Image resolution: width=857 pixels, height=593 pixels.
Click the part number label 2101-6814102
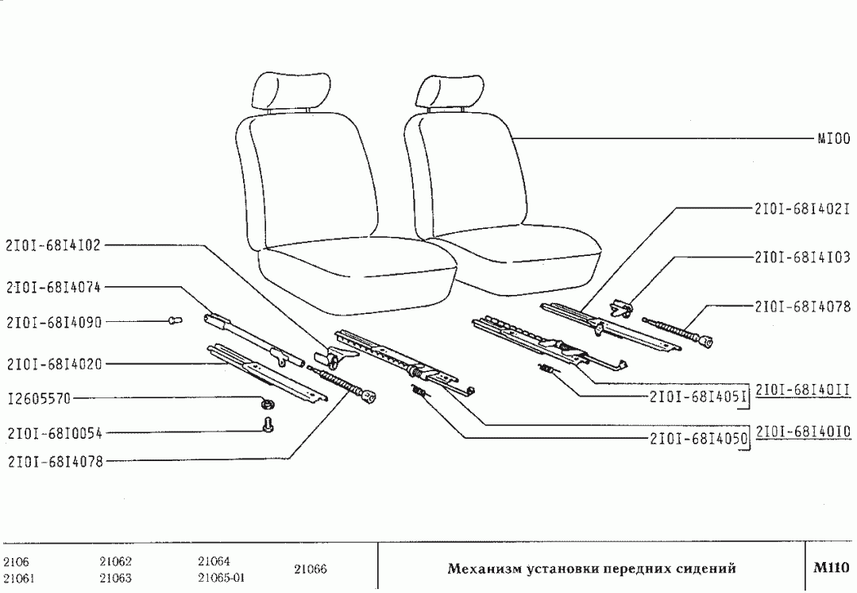pyautogui.click(x=53, y=246)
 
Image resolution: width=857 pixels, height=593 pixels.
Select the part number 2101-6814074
pyautogui.click(x=53, y=287)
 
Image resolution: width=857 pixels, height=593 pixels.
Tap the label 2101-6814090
pyautogui.click(x=53, y=323)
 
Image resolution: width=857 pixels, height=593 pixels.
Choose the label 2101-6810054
pyautogui.click(x=53, y=434)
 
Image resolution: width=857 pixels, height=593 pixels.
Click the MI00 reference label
pyautogui.click(x=834, y=138)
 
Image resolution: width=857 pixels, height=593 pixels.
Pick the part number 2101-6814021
pyautogui.click(x=802, y=208)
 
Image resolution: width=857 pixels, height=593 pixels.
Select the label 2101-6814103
pyautogui.click(x=802, y=258)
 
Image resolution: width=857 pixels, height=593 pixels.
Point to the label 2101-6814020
pyautogui.click(x=53, y=364)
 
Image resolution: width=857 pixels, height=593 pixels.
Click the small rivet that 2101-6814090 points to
pyautogui.click(x=175, y=320)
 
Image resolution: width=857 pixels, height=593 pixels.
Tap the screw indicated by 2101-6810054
pyautogui.click(x=268, y=428)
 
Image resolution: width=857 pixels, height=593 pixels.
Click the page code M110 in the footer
pyautogui.click(x=831, y=568)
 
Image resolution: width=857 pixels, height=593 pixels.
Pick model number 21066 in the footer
pyautogui.click(x=311, y=569)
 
